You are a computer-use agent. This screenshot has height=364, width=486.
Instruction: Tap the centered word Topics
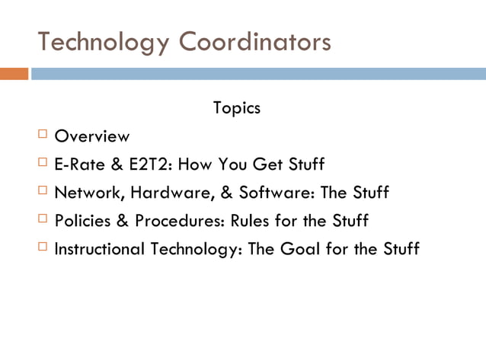tap(237, 108)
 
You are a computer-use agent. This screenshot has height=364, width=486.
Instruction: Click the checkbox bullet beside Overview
tap(43, 136)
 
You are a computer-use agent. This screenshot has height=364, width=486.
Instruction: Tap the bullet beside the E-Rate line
tap(43, 163)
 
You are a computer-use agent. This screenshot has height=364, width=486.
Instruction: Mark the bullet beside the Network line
tap(43, 191)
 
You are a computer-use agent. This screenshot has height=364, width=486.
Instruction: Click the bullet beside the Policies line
tap(43, 219)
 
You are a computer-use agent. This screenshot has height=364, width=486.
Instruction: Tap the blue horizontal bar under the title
tap(258, 74)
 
